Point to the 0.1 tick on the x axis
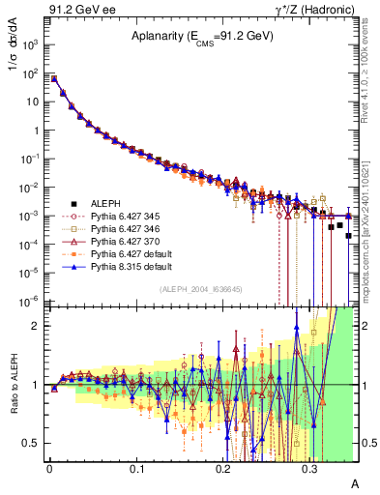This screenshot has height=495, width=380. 136,468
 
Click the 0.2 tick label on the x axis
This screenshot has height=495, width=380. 223,468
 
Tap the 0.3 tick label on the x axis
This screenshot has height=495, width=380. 310,468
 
